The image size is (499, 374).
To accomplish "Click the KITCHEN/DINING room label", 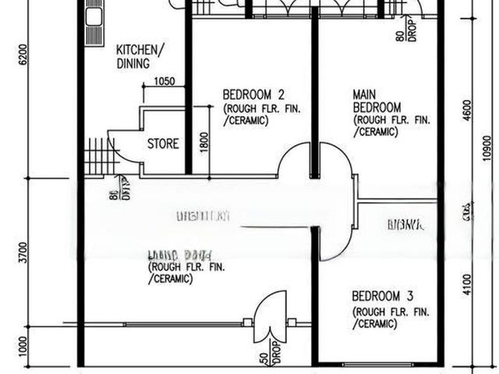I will [140, 55].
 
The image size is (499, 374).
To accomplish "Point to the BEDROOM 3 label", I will [382, 296].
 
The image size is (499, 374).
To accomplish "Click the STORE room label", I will [163, 144].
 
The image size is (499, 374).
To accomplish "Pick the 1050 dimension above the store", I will [164, 81].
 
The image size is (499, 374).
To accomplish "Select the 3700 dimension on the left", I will [24, 253].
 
